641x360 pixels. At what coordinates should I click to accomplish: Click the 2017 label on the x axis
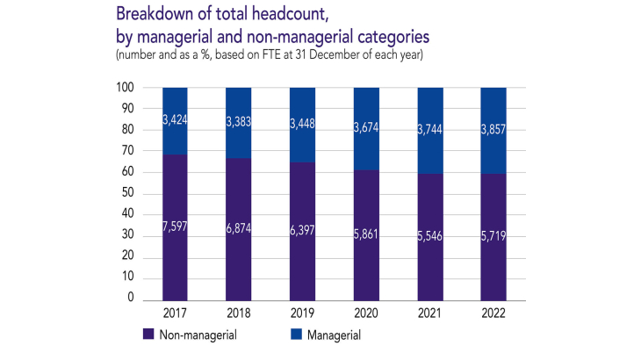(176, 313)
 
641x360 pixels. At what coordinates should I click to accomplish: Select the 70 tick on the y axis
(126, 151)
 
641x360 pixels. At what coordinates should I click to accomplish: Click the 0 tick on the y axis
(129, 299)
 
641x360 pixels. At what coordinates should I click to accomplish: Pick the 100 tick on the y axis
(124, 88)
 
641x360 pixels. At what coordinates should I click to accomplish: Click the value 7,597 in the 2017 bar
(176, 227)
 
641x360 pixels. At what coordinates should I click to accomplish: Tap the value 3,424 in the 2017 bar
(176, 119)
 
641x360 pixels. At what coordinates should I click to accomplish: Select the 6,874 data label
(239, 227)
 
